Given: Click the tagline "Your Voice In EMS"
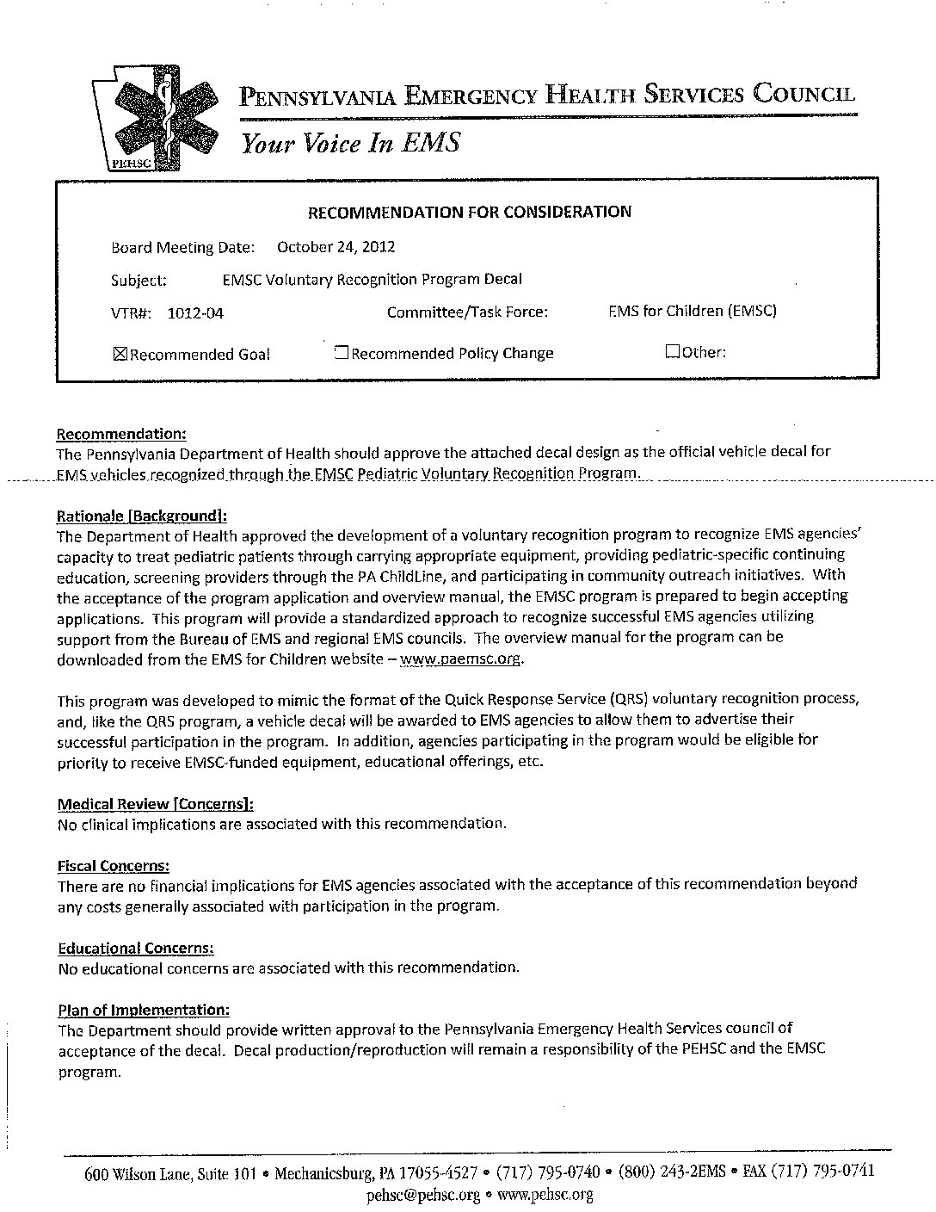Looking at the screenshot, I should pyautogui.click(x=350, y=143).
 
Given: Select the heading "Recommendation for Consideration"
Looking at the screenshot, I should pyautogui.click(x=470, y=212).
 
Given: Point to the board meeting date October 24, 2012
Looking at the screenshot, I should pyautogui.click(x=336, y=247).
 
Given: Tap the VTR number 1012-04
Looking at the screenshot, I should pyautogui.click(x=195, y=313).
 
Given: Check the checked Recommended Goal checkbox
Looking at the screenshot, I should pyautogui.click(x=120, y=354).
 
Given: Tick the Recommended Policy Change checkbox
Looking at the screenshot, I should pyautogui.click(x=341, y=352).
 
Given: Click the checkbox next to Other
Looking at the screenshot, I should pyautogui.click(x=672, y=351).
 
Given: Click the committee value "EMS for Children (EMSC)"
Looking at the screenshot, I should pyautogui.click(x=692, y=311).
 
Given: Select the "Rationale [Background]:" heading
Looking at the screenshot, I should pyautogui.click(x=142, y=516).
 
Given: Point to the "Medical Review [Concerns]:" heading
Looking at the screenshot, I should pyautogui.click(x=155, y=804).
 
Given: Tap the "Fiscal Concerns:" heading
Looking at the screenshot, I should pyautogui.click(x=113, y=865).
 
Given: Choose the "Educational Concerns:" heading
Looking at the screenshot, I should pyautogui.click(x=135, y=948).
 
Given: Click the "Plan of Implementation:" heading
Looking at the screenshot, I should pyautogui.click(x=143, y=1009).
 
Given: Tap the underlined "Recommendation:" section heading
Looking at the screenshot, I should pyautogui.click(x=121, y=434).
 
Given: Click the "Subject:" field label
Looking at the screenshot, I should pyautogui.click(x=139, y=281).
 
